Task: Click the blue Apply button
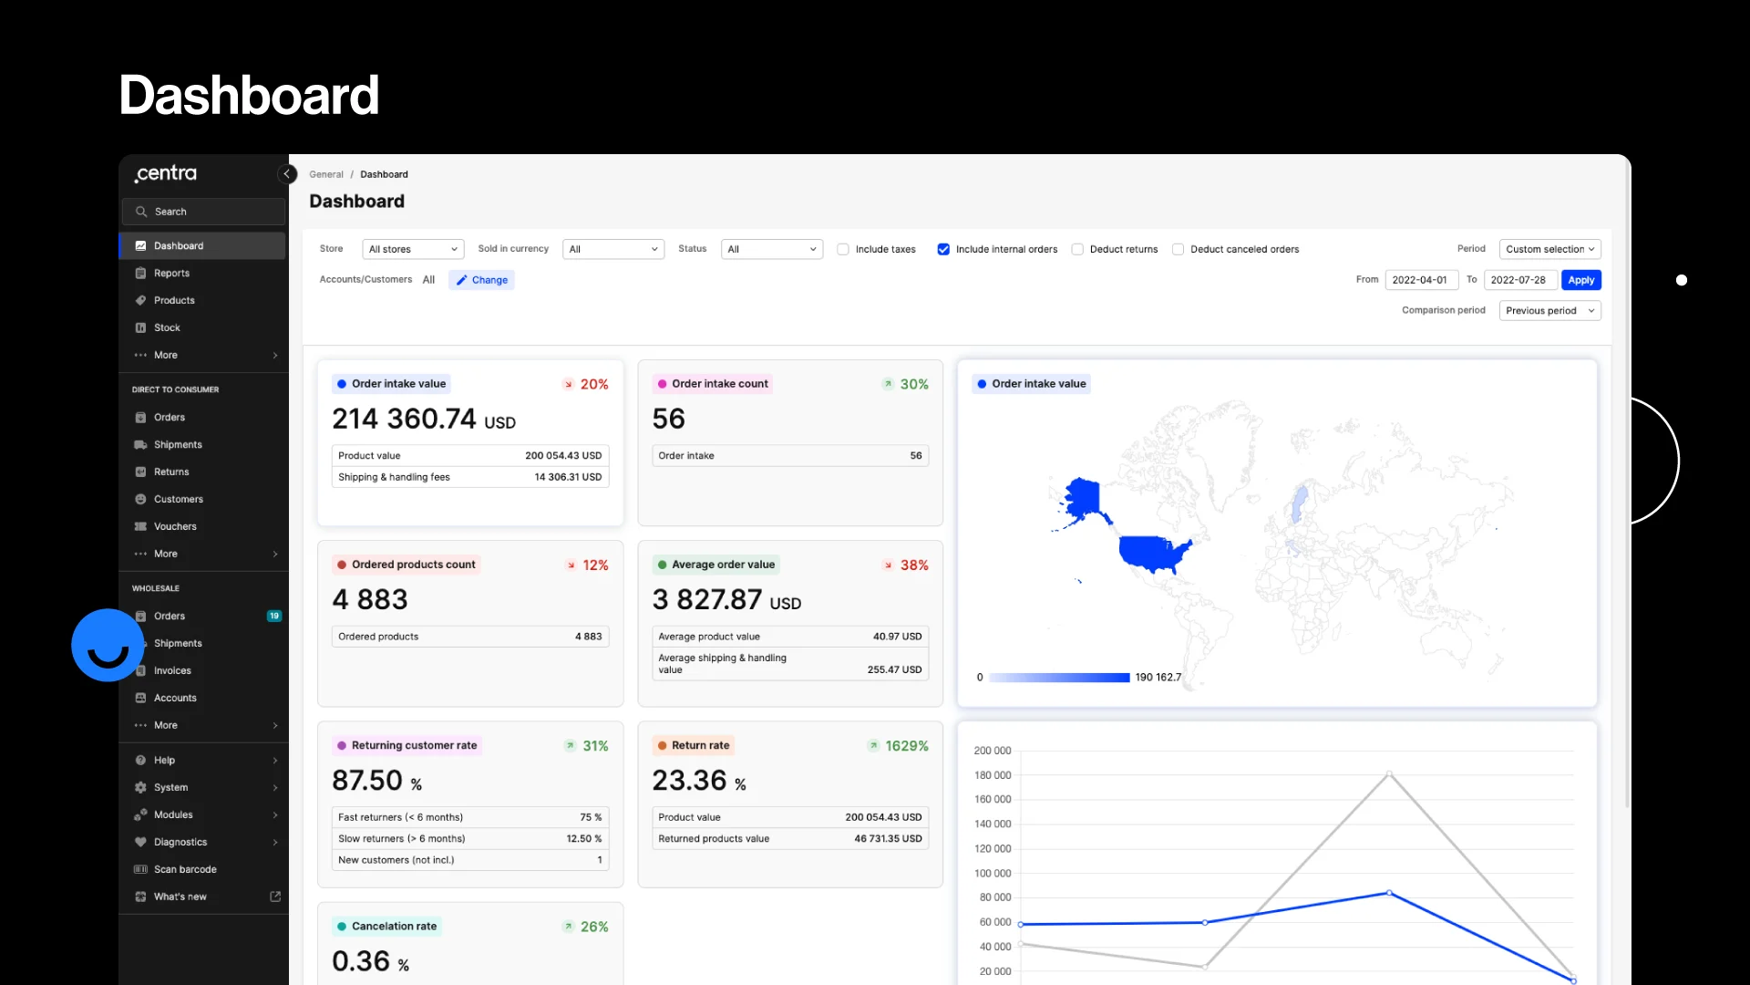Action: pos(1580,280)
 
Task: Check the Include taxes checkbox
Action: pos(843,249)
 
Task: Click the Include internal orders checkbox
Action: pos(943,249)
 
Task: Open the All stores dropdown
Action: pos(413,249)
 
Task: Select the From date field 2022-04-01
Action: pos(1420,280)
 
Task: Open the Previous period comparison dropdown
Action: pos(1549,311)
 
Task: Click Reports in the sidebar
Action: pos(171,274)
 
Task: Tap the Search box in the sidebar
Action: pos(203,212)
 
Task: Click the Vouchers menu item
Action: pos(175,526)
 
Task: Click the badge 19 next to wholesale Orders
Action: pos(273,616)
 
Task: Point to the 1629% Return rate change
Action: pos(906,746)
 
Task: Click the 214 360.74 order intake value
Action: pos(404,419)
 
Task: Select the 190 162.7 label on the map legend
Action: pos(1158,678)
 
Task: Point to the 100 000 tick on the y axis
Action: pos(992,874)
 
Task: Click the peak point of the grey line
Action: pos(1389,774)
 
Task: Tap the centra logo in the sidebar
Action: pos(166,173)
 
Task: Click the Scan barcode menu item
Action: pos(185,869)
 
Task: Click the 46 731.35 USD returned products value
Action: pos(887,839)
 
